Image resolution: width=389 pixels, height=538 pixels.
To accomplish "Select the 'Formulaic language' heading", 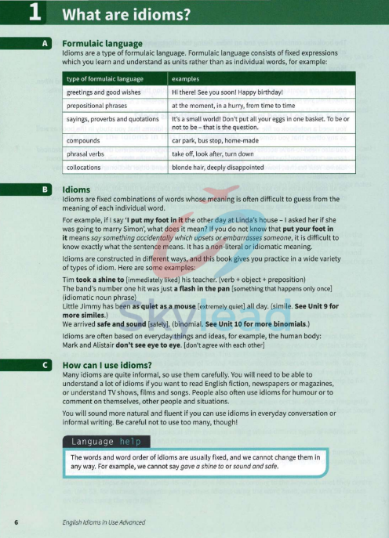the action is pyautogui.click(x=102, y=44).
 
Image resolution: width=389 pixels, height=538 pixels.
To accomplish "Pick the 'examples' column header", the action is pyautogui.click(x=185, y=79).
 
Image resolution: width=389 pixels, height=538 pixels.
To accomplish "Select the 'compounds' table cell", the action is pyautogui.click(x=85, y=142).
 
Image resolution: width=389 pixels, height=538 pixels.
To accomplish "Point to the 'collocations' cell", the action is pyautogui.click(x=86, y=167).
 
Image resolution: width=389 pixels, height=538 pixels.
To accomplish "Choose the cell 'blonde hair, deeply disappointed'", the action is pyautogui.click(x=219, y=167).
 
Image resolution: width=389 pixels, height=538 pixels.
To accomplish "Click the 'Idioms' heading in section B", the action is pyautogui.click(x=76, y=190).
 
